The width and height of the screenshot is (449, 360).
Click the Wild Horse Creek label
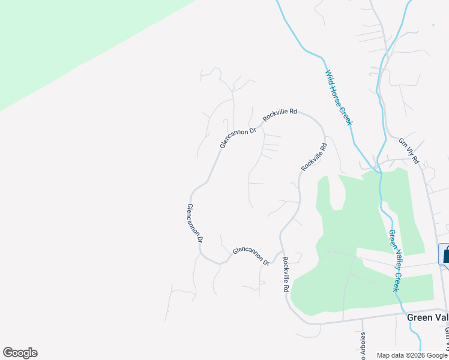[x=338, y=98]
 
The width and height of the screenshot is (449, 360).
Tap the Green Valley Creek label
[x=394, y=260]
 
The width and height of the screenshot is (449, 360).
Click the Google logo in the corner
[x=20, y=353]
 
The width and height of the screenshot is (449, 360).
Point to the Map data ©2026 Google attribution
[x=412, y=355]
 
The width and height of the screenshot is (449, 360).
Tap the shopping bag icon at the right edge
[x=445, y=254]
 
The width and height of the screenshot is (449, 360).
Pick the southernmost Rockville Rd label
[x=285, y=274]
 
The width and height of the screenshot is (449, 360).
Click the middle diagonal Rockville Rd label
[x=314, y=157]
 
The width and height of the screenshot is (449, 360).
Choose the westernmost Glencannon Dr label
[x=194, y=223]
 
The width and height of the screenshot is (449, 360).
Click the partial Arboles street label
[x=363, y=346]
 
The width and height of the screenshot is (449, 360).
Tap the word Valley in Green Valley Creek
[x=394, y=259]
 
